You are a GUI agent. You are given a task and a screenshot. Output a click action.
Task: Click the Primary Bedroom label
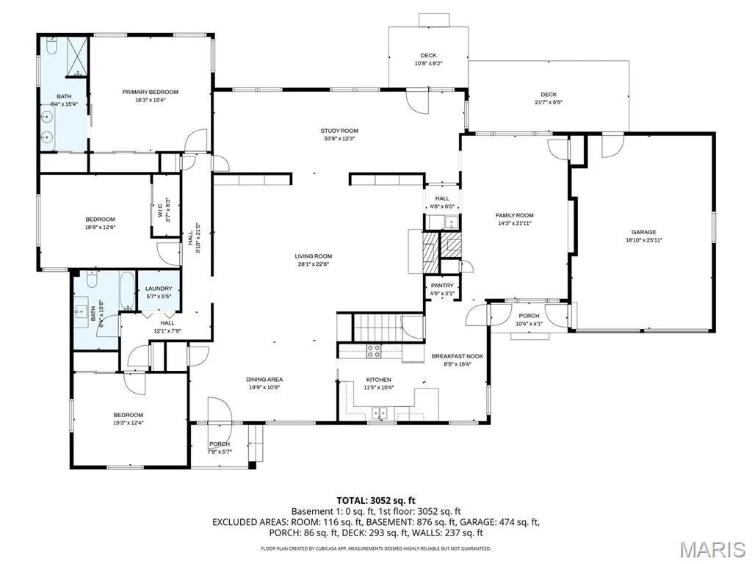(150, 92)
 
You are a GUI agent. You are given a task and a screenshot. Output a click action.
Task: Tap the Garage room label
(643, 232)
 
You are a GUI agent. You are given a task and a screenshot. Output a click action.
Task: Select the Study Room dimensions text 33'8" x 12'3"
(339, 139)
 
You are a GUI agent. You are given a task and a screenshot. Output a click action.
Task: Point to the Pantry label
(442, 286)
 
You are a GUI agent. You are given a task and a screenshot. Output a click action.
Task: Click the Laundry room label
(159, 289)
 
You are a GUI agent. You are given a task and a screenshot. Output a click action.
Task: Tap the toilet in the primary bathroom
(52, 46)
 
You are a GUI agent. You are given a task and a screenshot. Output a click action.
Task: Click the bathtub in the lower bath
(127, 291)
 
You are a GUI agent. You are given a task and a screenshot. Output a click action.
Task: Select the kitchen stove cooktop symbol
(374, 351)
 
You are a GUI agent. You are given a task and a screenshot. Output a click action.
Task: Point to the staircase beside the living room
(377, 327)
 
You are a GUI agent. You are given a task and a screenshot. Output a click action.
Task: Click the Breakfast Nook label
(458, 356)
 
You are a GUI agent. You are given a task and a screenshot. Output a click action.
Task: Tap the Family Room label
(515, 215)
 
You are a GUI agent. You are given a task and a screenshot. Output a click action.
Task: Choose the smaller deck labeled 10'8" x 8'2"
(428, 57)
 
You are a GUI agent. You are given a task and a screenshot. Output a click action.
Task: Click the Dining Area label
(264, 380)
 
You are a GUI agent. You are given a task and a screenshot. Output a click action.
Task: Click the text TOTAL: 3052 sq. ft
(375, 501)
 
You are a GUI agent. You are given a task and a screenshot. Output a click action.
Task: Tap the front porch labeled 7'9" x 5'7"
(220, 446)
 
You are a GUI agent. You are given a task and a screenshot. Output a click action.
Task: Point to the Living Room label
(314, 256)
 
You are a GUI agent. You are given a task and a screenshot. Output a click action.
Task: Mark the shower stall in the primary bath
(76, 56)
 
